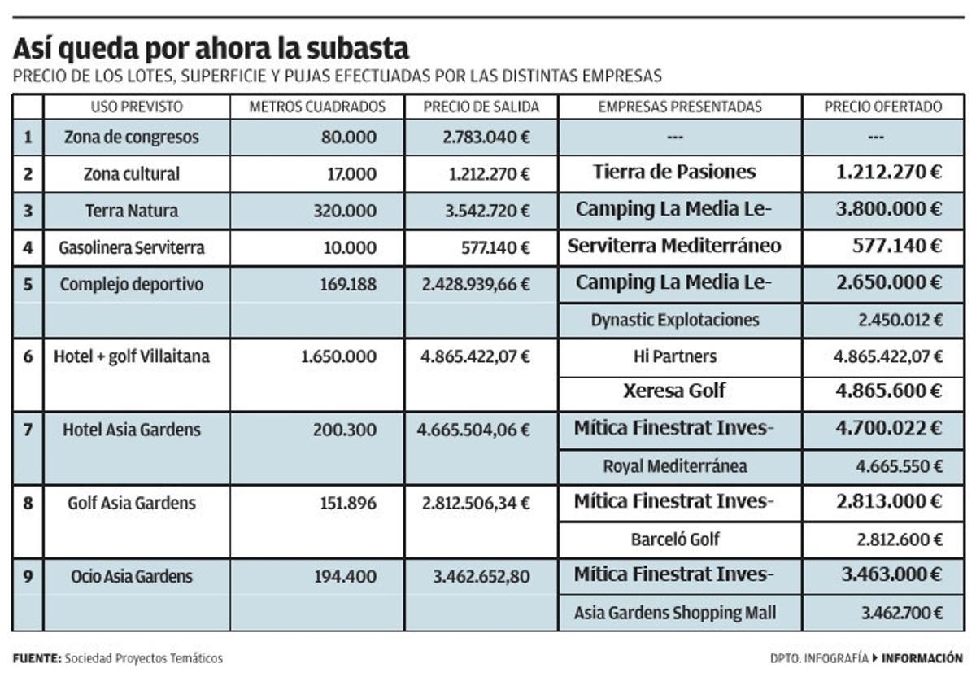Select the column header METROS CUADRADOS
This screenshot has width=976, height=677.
click(316, 107)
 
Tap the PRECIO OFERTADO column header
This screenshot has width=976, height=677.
click(882, 107)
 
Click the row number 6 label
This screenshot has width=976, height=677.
click(28, 356)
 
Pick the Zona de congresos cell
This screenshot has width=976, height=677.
click(132, 138)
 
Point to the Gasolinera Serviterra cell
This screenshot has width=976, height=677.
click(132, 247)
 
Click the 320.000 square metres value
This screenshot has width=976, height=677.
click(345, 211)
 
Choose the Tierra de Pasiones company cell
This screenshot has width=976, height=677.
click(674, 173)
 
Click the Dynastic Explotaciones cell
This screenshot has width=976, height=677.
click(675, 320)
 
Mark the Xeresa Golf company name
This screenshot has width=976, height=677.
click(674, 391)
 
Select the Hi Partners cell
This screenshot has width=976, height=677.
click(675, 356)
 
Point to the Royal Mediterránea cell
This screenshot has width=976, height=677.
click(675, 466)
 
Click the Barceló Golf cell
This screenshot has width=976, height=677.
click(675, 539)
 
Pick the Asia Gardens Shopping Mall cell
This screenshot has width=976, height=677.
click(675, 613)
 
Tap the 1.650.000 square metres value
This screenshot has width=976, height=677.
click(338, 356)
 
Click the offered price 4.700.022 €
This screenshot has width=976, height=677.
click(889, 428)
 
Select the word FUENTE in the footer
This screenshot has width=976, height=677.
click(37, 658)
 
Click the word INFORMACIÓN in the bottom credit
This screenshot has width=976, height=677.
click(922, 658)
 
